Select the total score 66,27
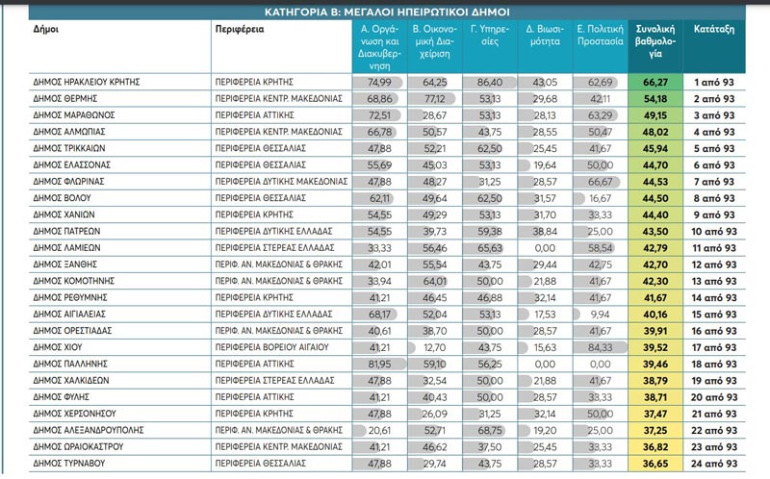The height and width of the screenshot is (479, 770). point(658,82)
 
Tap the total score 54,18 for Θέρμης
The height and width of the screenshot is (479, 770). point(658,98)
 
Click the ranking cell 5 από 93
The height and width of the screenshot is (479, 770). point(714,148)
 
